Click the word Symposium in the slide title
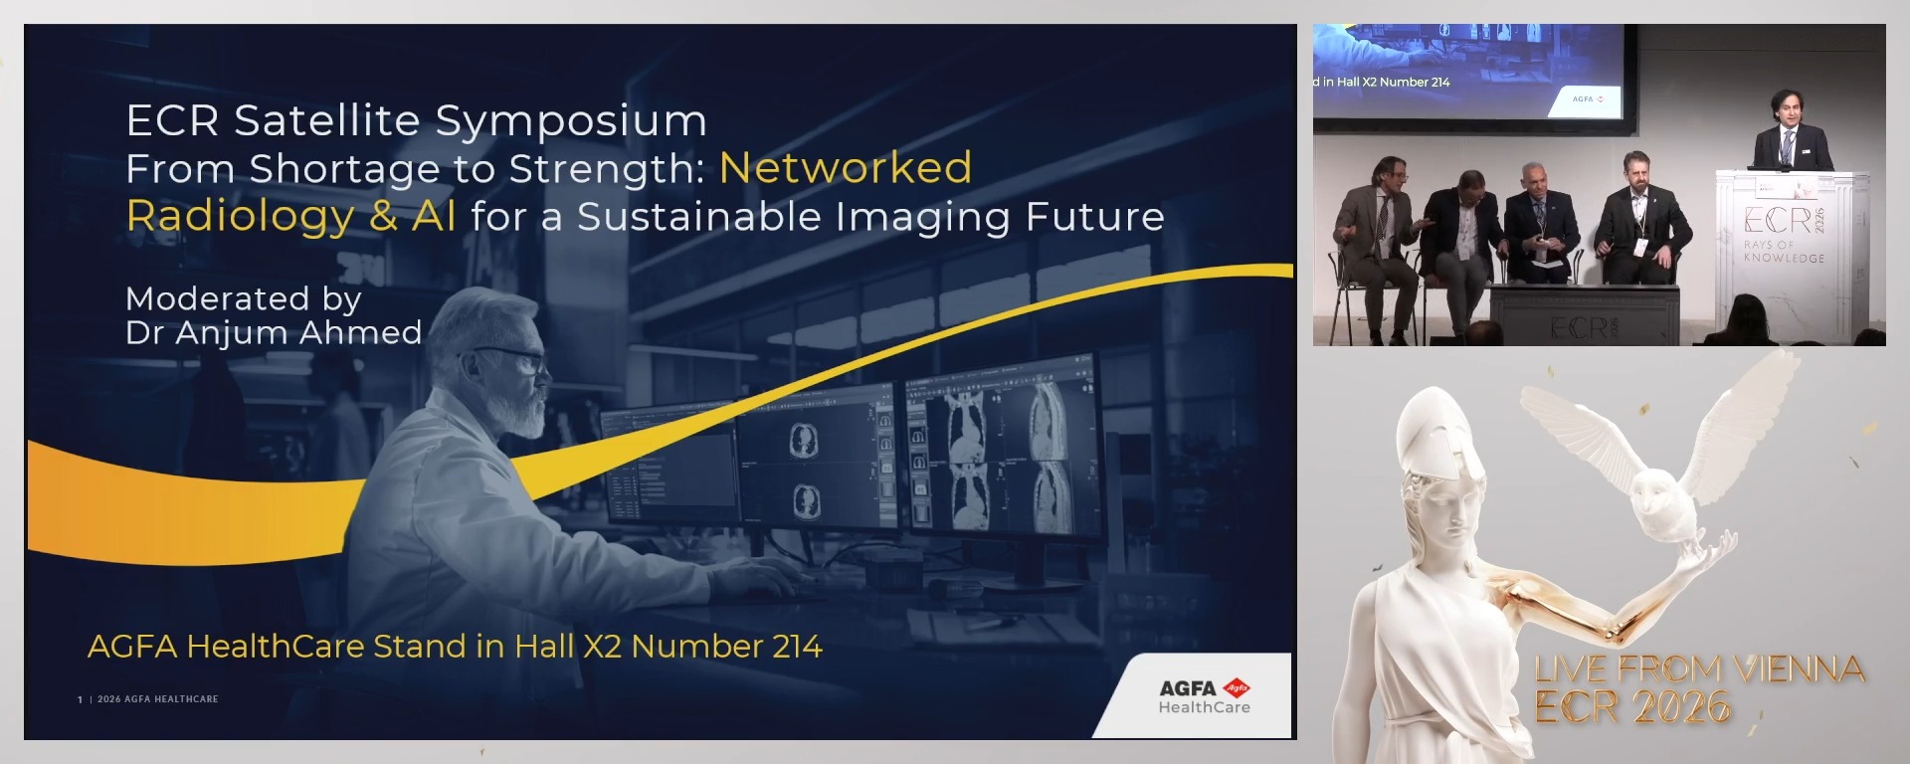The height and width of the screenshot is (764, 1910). click(571, 121)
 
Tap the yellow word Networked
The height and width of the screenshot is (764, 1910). click(846, 168)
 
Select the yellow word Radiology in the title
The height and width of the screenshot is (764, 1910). click(241, 216)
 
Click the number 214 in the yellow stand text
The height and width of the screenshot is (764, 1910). click(797, 647)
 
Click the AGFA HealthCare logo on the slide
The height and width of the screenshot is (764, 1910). click(1204, 696)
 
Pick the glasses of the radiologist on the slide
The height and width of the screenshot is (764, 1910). click(517, 358)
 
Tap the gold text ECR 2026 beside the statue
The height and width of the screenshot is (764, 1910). click(1631, 707)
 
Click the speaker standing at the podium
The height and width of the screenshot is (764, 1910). click(1791, 134)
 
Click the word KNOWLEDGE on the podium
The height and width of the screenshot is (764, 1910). click(1785, 258)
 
